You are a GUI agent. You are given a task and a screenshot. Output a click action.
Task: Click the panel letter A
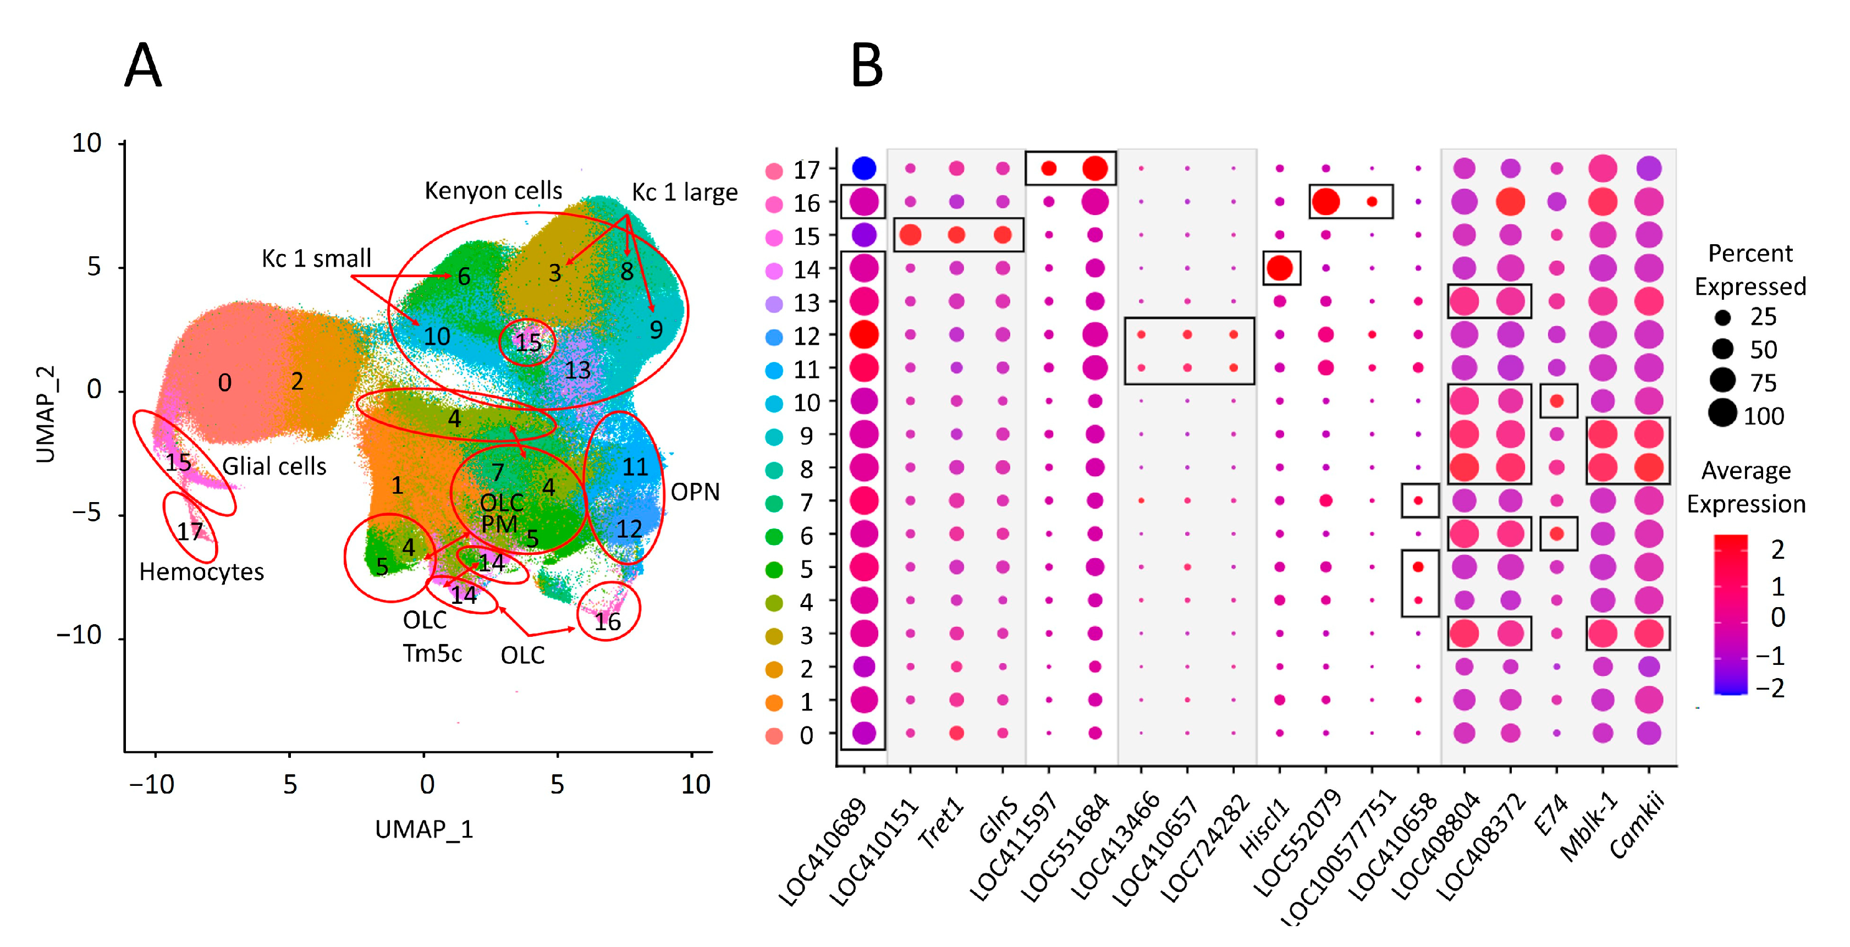pos(143,65)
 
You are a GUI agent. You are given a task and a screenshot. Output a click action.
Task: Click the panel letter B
pos(866,65)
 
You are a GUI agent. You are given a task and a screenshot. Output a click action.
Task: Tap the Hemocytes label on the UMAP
pos(201,572)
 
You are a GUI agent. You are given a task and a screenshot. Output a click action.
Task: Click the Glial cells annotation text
pos(274,467)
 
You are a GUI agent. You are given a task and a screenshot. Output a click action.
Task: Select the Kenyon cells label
pos(493,191)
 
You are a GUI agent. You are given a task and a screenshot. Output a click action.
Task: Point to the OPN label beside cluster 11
pos(695,493)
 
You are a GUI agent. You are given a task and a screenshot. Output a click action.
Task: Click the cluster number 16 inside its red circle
pos(607,622)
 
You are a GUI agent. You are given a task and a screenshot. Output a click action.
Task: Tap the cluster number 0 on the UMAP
pos(225,383)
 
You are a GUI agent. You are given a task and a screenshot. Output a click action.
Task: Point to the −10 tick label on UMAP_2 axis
pos(79,636)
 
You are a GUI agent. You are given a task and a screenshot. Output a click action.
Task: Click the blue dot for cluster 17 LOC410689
pos(863,169)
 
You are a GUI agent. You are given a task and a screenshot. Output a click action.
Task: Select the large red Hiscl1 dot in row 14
pos(1280,268)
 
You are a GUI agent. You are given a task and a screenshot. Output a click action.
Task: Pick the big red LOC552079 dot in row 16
pos(1326,202)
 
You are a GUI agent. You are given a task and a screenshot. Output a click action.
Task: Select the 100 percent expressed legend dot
pos(1722,414)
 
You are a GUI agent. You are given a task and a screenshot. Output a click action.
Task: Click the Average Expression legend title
pos(1746,487)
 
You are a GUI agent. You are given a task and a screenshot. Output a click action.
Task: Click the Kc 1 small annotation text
pos(316,258)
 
